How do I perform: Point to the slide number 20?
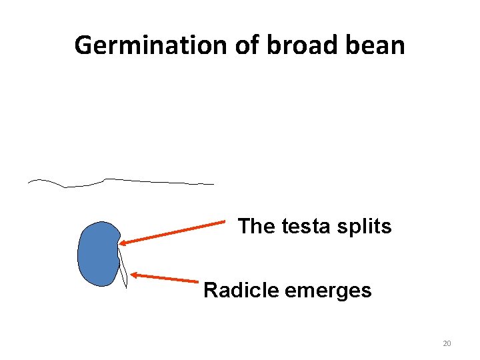point(447,344)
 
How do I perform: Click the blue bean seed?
point(97,254)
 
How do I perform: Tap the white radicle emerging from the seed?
point(123,267)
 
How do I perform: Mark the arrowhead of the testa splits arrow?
point(123,244)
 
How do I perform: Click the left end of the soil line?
point(29,181)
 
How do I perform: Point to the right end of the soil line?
point(213,183)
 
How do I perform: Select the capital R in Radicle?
point(210,291)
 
